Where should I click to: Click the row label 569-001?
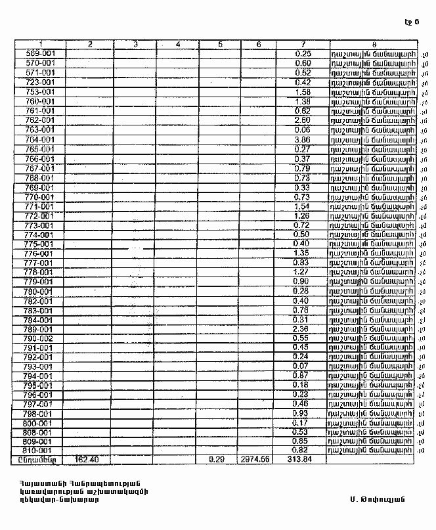point(39,53)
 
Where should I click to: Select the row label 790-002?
point(39,338)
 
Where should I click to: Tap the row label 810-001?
point(39,451)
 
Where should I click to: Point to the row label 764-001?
point(39,140)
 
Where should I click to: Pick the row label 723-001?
point(39,82)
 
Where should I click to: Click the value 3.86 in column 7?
point(302,140)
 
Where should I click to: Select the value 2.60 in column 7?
point(302,121)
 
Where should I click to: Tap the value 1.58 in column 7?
point(302,92)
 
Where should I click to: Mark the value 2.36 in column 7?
point(302,329)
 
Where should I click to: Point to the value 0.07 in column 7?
point(302,366)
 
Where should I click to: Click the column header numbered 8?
point(373,44)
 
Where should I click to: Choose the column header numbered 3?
point(135,44)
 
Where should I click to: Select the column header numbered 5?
point(220,44)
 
